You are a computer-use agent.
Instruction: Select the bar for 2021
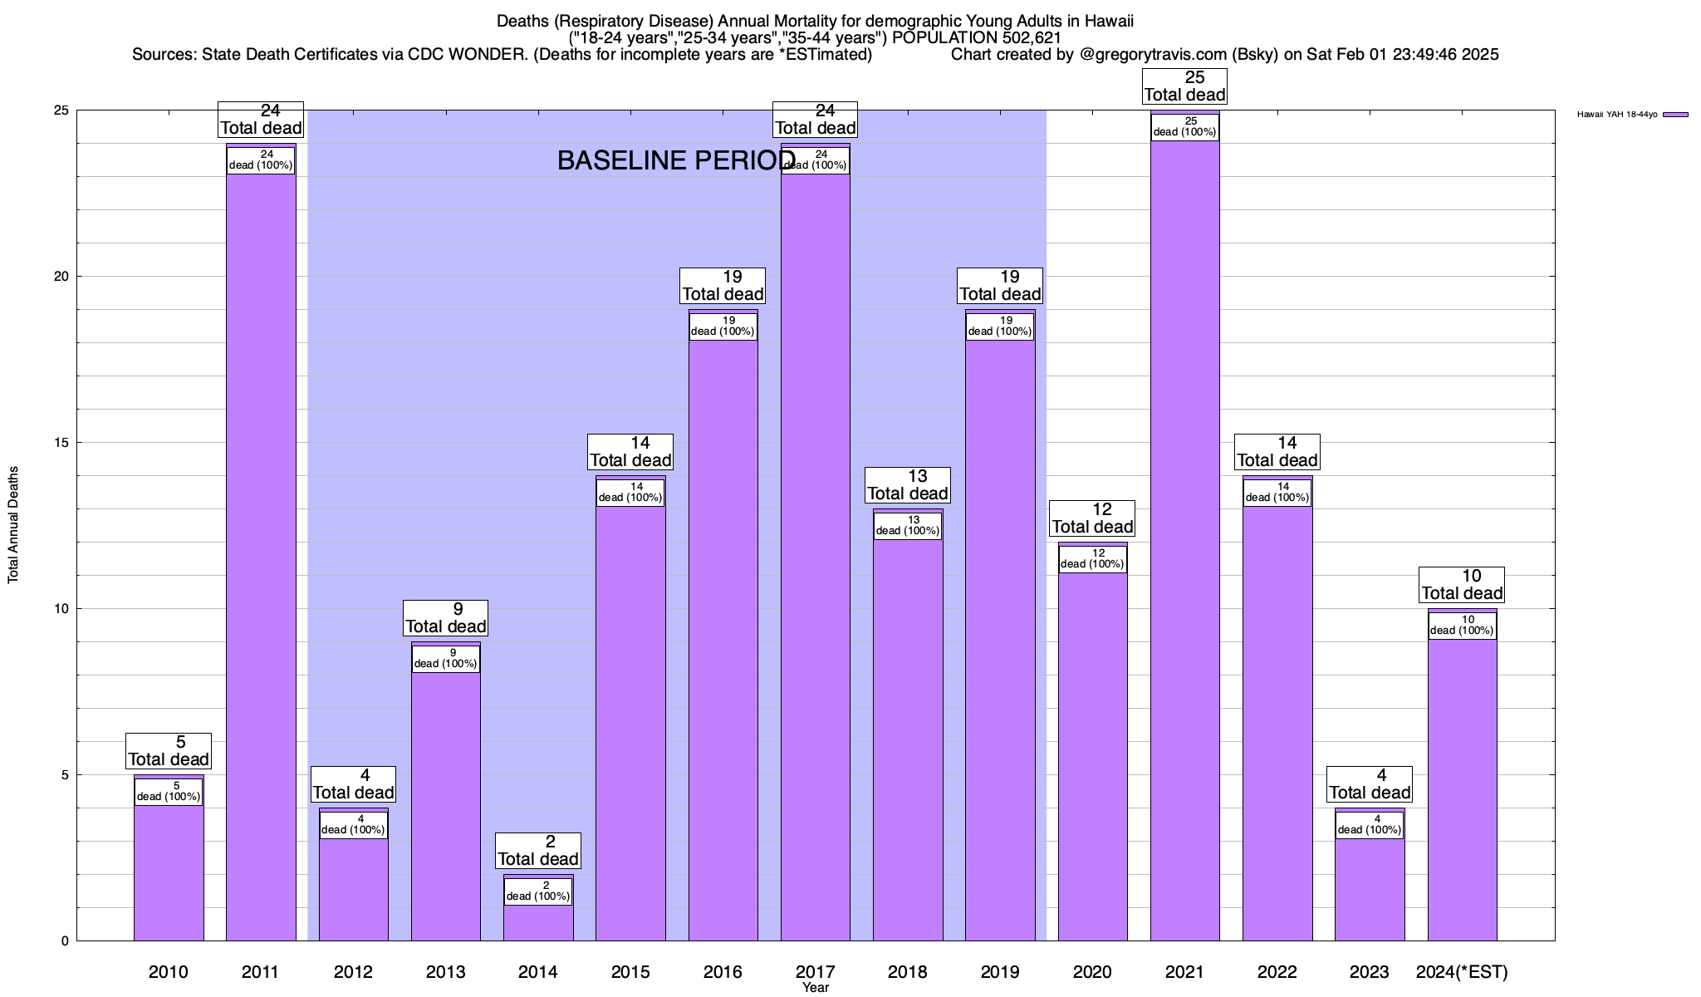(1184, 540)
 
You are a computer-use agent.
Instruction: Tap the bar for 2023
(1370, 889)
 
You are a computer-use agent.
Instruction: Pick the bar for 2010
(169, 872)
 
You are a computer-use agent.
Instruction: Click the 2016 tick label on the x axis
(723, 972)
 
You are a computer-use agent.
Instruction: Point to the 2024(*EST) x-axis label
(1462, 972)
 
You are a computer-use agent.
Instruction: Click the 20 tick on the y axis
(62, 277)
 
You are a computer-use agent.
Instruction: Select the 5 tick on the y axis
(65, 775)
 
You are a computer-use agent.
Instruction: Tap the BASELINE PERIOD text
(676, 160)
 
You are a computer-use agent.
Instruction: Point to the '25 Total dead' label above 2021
(1184, 86)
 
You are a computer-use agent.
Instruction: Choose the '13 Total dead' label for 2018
(908, 485)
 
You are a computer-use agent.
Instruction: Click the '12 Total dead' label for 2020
(1092, 518)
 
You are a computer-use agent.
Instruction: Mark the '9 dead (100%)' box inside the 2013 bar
(446, 659)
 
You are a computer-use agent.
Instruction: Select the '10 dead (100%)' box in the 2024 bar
(1462, 626)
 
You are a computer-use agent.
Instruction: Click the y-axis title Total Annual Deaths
(13, 525)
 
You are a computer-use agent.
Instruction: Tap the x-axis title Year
(816, 988)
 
